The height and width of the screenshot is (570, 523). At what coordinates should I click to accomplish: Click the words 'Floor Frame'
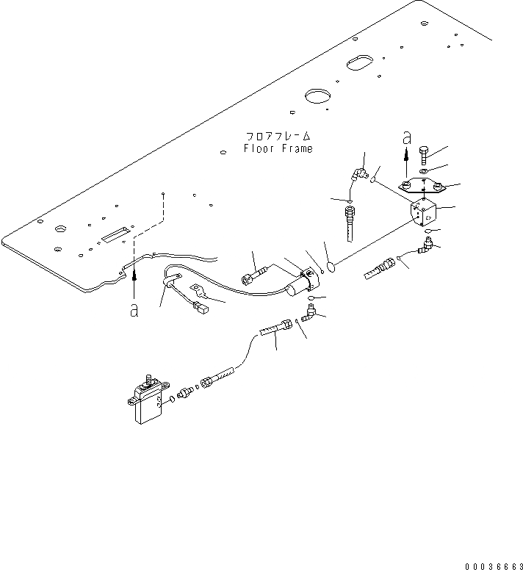tap(278, 148)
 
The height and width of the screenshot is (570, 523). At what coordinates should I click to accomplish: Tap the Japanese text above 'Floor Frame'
tap(278, 137)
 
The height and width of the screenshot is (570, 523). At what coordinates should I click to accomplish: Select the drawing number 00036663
tap(493, 565)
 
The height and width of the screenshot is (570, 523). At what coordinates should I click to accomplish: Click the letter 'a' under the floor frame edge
tap(134, 311)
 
